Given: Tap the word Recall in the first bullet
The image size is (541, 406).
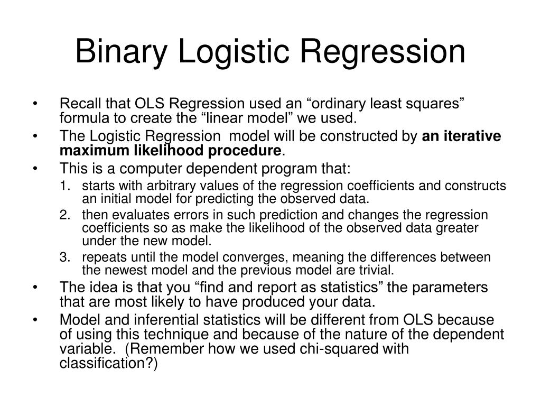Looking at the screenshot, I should coord(77,104).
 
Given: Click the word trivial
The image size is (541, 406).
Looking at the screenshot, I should coord(377,271).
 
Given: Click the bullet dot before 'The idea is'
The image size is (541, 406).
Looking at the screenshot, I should coord(35,288).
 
